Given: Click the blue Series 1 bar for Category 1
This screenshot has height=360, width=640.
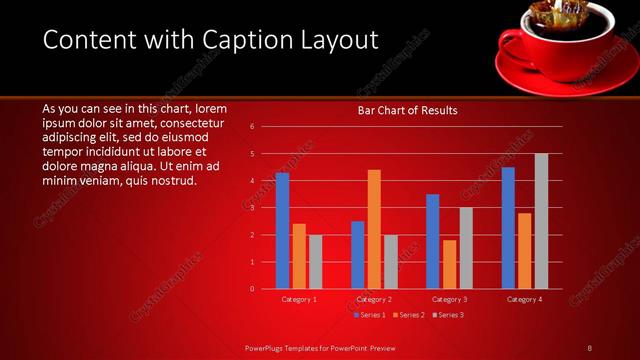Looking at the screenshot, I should point(282,230).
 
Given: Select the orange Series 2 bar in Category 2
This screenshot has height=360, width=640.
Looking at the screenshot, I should point(374,229).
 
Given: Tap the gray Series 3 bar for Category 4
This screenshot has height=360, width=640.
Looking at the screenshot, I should point(541,221).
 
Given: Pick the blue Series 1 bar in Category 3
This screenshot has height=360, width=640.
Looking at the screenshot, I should point(432,241).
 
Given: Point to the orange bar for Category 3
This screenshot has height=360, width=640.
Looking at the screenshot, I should point(449,264).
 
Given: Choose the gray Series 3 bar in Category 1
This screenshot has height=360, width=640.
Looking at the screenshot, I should point(316,262).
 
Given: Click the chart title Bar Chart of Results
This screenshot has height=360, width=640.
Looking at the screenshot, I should point(407,111).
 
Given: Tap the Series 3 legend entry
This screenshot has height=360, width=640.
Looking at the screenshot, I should point(446,315).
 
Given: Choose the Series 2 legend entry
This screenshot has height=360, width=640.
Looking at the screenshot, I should point(407,315).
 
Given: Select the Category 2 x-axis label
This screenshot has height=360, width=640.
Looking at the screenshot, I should point(374,299).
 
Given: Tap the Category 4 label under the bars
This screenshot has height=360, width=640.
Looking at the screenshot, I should point(524,299).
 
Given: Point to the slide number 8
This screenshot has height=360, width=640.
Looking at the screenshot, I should point(589,347).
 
